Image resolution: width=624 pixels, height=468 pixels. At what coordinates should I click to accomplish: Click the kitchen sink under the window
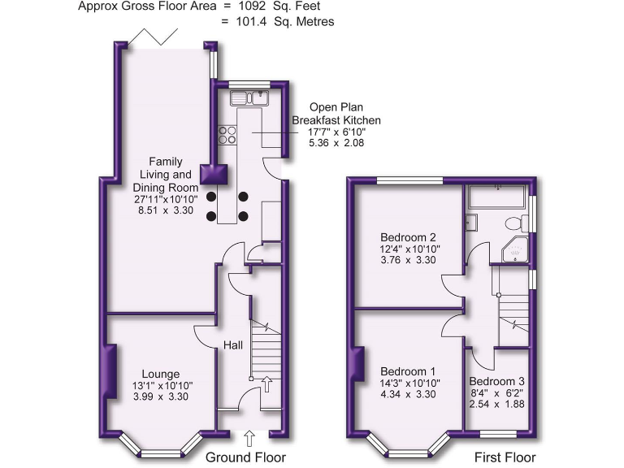249,99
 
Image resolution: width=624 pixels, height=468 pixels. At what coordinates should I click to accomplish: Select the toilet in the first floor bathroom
513,223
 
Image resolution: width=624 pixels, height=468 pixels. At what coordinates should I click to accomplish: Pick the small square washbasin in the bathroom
470,220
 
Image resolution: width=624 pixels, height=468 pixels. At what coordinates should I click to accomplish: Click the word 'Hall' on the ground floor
233,346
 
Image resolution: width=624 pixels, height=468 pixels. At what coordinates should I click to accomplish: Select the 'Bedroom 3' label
496,381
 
